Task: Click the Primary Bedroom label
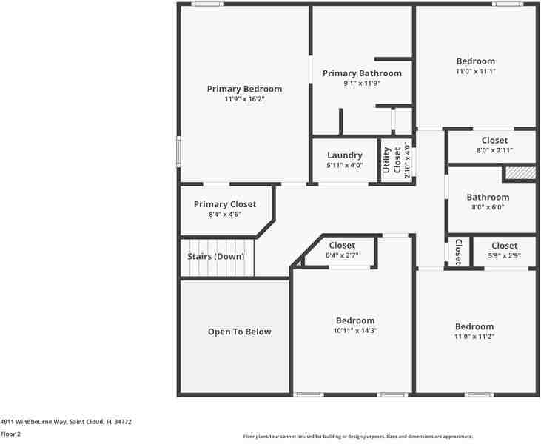click(244, 89)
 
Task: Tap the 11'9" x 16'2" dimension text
click(244, 99)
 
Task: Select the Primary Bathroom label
click(362, 73)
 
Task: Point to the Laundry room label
click(345, 155)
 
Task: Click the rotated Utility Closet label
click(392, 161)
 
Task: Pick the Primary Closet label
click(225, 204)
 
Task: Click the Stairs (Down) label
click(215, 256)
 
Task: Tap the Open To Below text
click(239, 332)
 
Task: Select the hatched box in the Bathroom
click(520, 173)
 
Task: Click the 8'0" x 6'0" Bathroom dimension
click(488, 208)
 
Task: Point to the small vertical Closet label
click(458, 252)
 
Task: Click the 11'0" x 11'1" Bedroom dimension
click(475, 72)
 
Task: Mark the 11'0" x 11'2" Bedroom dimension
click(474, 337)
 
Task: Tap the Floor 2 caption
click(10, 434)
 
